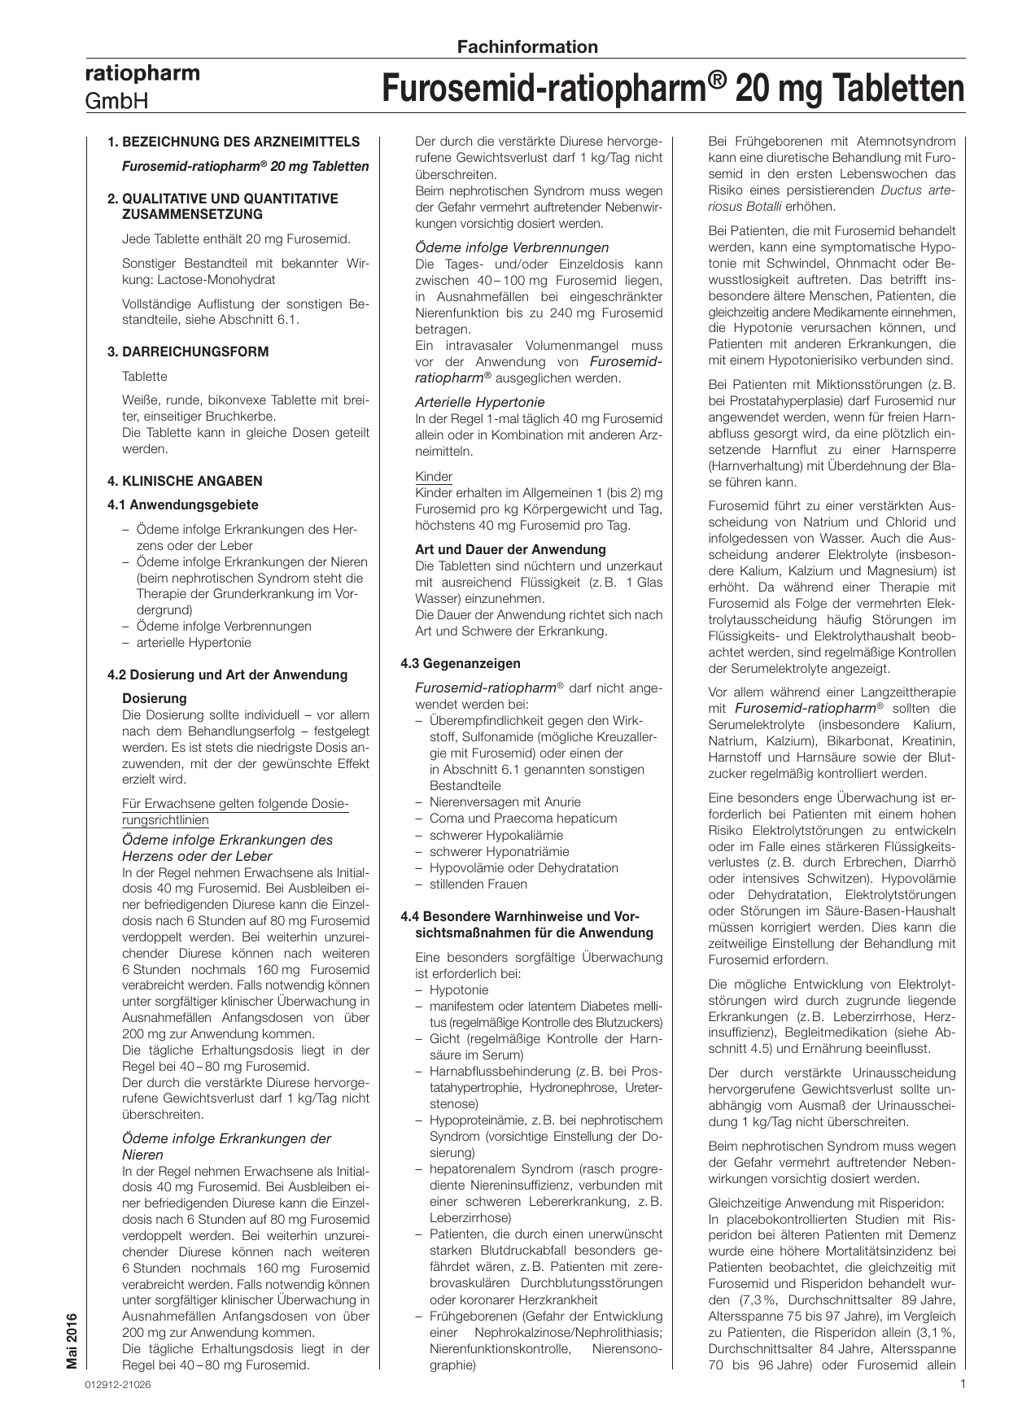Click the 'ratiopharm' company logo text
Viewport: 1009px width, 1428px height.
coord(142,74)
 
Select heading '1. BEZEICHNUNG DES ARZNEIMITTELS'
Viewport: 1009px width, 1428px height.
coord(234,142)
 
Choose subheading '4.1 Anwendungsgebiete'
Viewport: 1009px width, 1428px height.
coord(183,504)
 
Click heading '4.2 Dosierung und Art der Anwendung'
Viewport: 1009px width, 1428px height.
coord(227,675)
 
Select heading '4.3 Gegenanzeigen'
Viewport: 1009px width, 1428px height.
coord(460,663)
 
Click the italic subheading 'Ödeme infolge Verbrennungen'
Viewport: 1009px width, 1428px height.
coord(511,247)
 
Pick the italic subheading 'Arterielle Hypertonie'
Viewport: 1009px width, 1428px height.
coord(479,402)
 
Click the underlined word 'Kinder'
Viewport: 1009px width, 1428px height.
coord(434,476)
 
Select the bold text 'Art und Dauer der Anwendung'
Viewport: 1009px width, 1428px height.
coord(510,549)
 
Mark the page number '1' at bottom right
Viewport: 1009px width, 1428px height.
coord(962,1383)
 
